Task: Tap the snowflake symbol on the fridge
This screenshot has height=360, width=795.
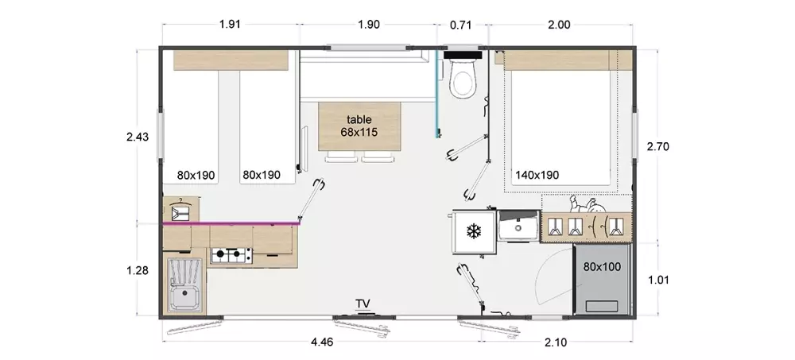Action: [474, 232]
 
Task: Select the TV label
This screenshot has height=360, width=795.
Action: [363, 304]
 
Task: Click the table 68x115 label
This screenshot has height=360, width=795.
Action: [359, 126]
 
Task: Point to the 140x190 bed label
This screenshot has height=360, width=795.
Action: [537, 176]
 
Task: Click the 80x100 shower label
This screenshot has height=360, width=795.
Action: [602, 267]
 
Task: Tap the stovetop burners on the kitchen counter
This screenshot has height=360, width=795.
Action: [231, 255]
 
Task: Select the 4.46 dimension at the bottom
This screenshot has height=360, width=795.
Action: [322, 343]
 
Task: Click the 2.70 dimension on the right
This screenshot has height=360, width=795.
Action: [658, 147]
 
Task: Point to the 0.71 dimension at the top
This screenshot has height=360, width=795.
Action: [461, 25]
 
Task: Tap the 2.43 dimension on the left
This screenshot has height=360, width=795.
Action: [138, 137]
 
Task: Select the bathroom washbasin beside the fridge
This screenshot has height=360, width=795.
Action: [518, 226]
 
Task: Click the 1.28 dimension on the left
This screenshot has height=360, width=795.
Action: [138, 271]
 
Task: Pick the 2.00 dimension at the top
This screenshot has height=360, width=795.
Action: [559, 25]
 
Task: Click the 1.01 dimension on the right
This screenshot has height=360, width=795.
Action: [658, 280]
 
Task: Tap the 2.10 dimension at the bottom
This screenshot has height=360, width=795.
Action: [556, 343]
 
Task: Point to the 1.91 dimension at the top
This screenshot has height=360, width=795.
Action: [230, 25]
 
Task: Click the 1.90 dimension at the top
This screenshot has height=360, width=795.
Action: [369, 25]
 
